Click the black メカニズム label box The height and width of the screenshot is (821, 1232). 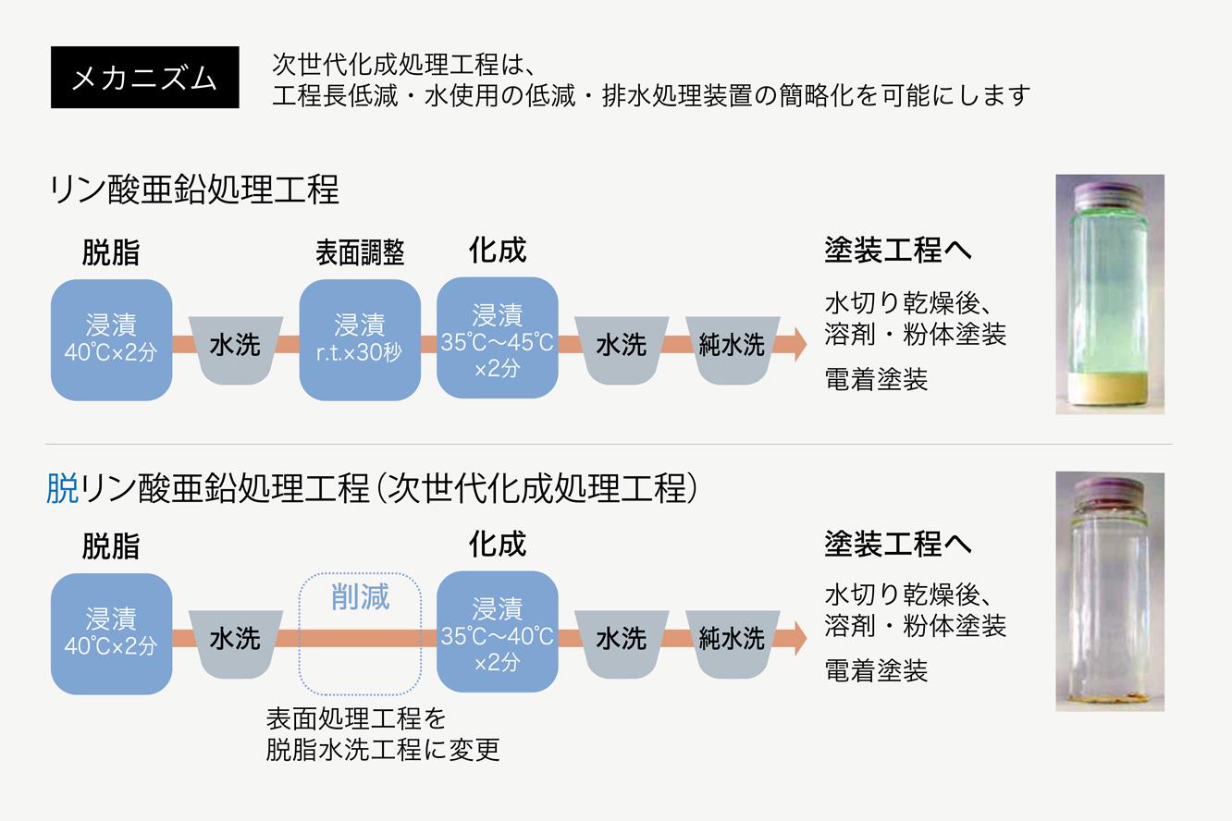pyautogui.click(x=144, y=78)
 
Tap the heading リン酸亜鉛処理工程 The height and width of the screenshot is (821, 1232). pyautogui.click(x=195, y=190)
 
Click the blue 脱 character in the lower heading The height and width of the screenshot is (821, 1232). pyautogui.click(x=63, y=487)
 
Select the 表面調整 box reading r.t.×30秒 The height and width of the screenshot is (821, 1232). pyautogui.click(x=360, y=339)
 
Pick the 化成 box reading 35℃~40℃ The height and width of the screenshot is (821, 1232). pyautogui.click(x=497, y=632)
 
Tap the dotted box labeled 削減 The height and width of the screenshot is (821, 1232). pyautogui.click(x=360, y=633)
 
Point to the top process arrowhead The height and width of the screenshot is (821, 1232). pyautogui.click(x=796, y=344)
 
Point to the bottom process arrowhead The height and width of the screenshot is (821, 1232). pyautogui.click(x=796, y=638)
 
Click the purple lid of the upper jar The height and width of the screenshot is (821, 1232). pyautogui.click(x=1109, y=192)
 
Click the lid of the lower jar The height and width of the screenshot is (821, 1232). pyautogui.click(x=1109, y=488)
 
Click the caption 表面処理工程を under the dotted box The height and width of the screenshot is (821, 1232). pyautogui.click(x=356, y=717)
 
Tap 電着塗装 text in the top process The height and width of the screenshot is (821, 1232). pyautogui.click(x=876, y=379)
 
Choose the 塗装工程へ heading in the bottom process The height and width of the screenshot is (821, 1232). pyautogui.click(x=898, y=544)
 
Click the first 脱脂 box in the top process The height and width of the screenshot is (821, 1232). pyautogui.click(x=111, y=339)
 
